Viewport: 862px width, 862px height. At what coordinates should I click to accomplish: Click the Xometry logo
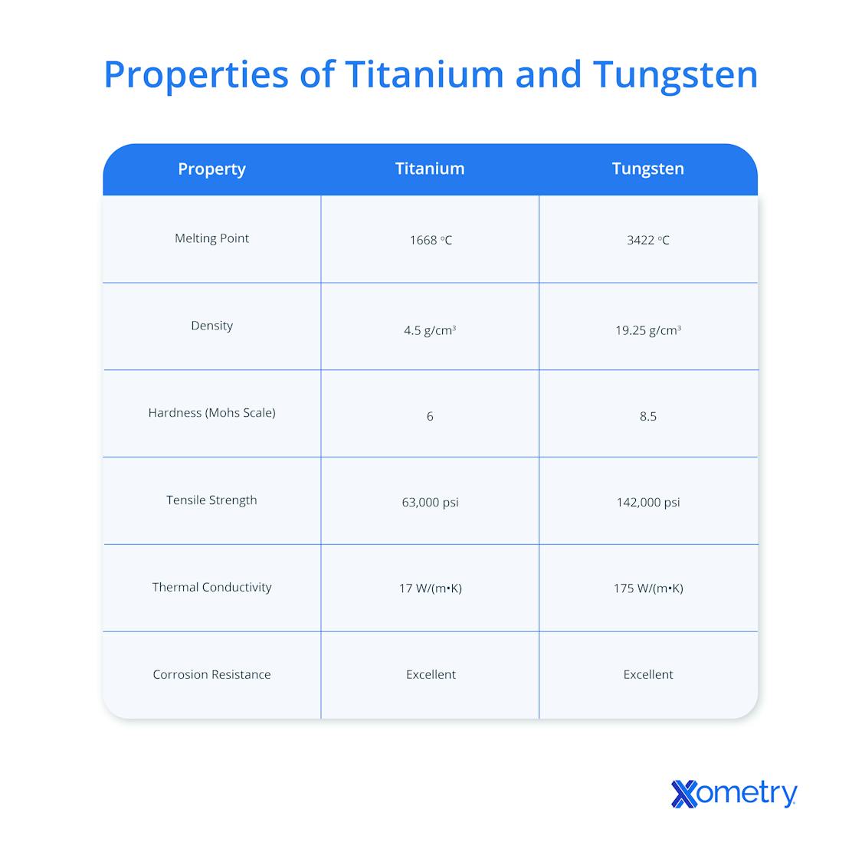(x=733, y=794)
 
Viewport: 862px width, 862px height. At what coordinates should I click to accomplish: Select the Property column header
(x=211, y=169)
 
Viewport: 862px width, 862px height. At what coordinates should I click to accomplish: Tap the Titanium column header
(x=430, y=169)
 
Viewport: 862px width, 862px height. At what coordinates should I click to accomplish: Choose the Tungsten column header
(x=647, y=169)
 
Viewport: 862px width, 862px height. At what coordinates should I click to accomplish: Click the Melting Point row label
(x=211, y=238)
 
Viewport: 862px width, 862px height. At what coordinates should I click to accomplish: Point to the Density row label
(x=211, y=326)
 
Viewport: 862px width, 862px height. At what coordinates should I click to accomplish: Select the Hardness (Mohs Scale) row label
(x=211, y=413)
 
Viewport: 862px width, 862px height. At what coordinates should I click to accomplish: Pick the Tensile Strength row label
(x=211, y=500)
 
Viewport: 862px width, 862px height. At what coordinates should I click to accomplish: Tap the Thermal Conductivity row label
(x=211, y=588)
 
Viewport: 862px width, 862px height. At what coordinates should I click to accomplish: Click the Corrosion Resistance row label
(x=211, y=675)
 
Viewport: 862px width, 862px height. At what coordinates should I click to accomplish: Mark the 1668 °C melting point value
(x=430, y=241)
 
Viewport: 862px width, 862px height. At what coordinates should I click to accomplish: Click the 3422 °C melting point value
(x=647, y=241)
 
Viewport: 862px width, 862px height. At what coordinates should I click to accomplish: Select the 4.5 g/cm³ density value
(x=430, y=331)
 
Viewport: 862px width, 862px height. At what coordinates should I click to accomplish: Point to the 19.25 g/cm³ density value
(x=647, y=331)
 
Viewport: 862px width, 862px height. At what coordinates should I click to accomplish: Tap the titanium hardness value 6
(x=430, y=417)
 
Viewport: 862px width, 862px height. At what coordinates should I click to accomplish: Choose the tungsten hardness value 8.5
(x=647, y=417)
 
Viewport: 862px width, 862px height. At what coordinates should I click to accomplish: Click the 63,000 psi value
(x=430, y=503)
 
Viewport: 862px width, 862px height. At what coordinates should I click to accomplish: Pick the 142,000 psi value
(x=647, y=503)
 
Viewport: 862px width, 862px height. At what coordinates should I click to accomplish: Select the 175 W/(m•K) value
(x=647, y=588)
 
